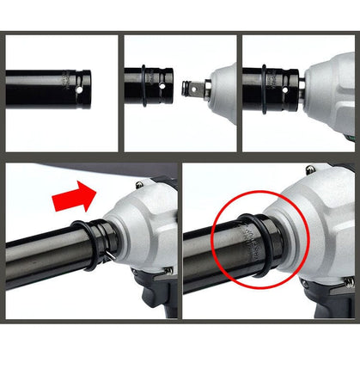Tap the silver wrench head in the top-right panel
tap(331, 86)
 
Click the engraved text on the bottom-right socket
tap(249, 255)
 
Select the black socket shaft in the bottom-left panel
tap(43, 258)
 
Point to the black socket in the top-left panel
tap(43, 86)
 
